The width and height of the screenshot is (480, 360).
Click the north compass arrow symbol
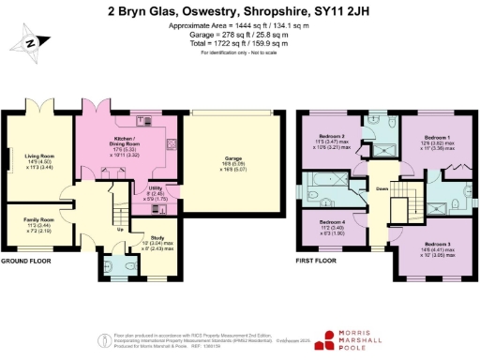30,41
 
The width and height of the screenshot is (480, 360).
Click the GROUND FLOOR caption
25,261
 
